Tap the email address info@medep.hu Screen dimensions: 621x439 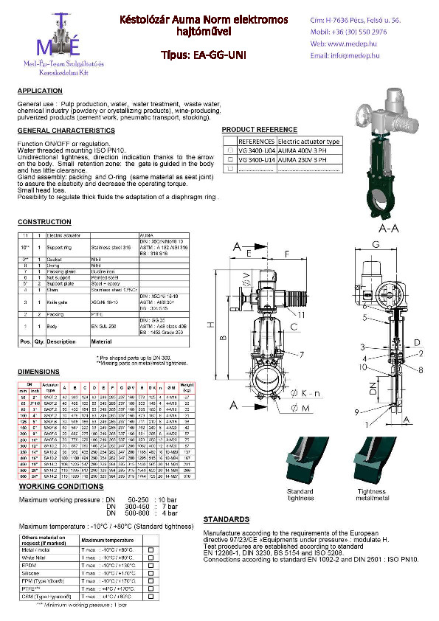pyautogui.click(x=349, y=55)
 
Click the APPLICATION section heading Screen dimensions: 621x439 pyautogui.click(x=40, y=91)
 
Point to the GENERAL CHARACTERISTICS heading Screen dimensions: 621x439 pyautogui.click(x=66, y=130)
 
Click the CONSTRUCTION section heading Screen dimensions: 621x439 pyautogui.click(x=44, y=222)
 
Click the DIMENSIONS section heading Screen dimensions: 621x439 pyautogui.click(x=38, y=372)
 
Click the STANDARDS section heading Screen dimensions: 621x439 pyautogui.click(x=225, y=519)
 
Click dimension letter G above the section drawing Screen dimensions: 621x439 pyautogui.click(x=376, y=243)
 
